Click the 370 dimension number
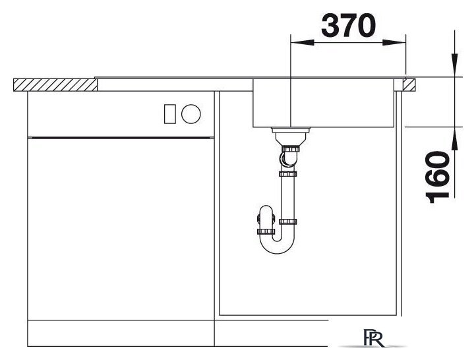[348, 26]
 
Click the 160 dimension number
[438, 177]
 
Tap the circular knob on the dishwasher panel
[191, 114]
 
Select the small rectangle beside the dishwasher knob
[169, 114]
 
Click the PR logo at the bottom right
[374, 338]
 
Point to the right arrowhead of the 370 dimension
[394, 42]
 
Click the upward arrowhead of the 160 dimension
[454, 138]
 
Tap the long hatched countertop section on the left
[55, 84]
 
